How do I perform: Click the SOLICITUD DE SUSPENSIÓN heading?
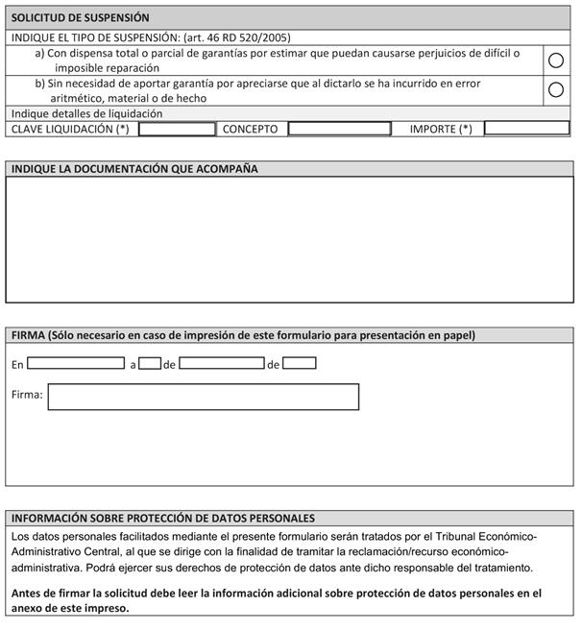(81, 17)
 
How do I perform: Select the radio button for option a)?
(555, 61)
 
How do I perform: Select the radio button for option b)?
(555, 90)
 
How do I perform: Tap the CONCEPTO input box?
(339, 129)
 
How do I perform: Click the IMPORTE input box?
(526, 128)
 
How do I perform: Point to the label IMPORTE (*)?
(441, 129)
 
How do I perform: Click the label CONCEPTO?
(250, 129)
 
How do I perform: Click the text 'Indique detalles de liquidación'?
(87, 113)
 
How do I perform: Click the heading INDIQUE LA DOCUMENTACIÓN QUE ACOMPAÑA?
(134, 169)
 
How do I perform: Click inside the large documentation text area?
(290, 240)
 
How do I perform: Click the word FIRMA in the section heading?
(28, 335)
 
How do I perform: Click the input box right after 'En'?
(76, 364)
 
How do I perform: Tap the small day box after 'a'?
(149, 364)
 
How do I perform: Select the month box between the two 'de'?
(222, 364)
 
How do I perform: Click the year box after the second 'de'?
(300, 364)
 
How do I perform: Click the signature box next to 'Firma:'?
(204, 397)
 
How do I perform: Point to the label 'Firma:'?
(27, 395)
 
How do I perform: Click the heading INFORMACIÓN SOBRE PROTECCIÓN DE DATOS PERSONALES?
(163, 518)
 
